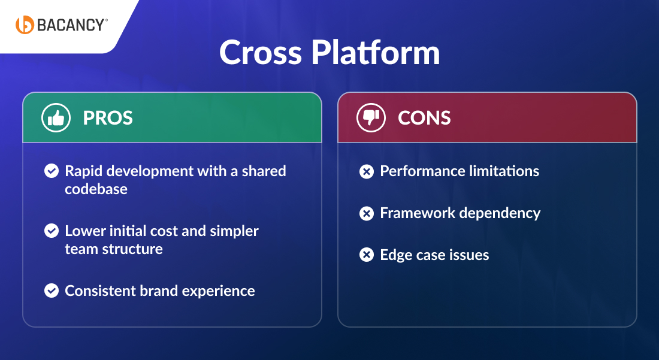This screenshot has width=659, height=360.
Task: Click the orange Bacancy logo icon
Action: pos(25,25)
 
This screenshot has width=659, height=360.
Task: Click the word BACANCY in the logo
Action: pos(71,25)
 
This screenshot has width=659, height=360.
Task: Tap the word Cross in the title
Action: pos(260,53)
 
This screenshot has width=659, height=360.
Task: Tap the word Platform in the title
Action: pos(376,53)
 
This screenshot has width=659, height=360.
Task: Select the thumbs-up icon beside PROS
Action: pos(56,118)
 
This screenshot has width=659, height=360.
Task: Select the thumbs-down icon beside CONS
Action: pos(371,118)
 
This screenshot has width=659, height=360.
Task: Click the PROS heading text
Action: pos(108,118)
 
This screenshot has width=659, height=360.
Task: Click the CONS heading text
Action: pos(424,118)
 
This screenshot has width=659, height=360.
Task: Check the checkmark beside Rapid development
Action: pos(52,171)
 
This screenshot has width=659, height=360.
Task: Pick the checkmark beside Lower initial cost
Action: pos(52,231)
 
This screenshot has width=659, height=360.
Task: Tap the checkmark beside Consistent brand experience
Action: pos(52,291)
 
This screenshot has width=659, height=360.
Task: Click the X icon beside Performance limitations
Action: pos(366,172)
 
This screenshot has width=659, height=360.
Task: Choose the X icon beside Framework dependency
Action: pos(366,213)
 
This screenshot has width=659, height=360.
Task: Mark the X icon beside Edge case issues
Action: pos(366,255)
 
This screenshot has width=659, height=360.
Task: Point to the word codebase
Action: pos(96,189)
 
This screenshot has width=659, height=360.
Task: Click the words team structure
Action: pos(114,249)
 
